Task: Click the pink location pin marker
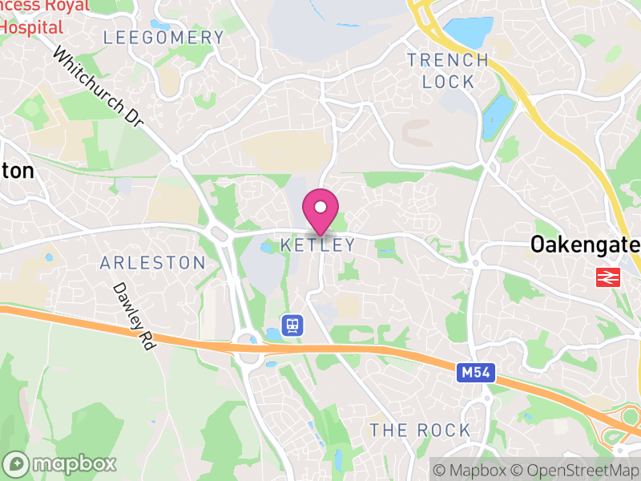click(320, 210)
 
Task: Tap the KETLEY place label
click(318, 245)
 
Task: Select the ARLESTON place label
click(152, 263)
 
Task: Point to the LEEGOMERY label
click(164, 38)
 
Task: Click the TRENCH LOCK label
click(448, 71)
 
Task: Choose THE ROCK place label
click(421, 430)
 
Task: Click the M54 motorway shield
click(478, 373)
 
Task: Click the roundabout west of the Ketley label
click(218, 234)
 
